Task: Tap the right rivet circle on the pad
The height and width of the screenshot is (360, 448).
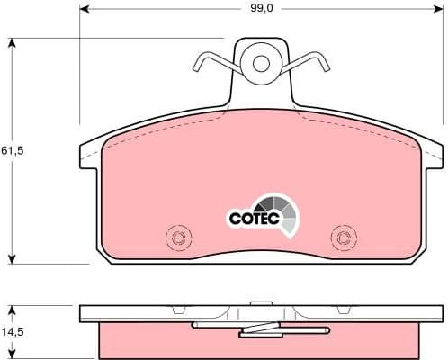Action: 344,238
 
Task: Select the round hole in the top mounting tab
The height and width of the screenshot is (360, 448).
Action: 262,63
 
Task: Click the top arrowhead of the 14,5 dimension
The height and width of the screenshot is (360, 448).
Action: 12,309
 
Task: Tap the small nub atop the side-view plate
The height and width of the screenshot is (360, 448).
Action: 262,303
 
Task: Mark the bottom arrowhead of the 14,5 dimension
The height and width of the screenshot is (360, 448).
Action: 12,354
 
